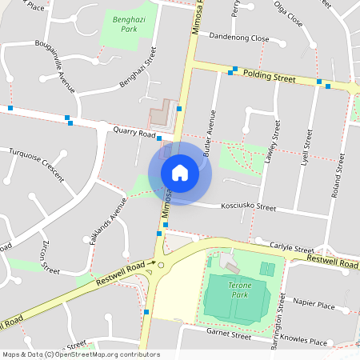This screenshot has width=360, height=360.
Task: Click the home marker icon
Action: point(180,172)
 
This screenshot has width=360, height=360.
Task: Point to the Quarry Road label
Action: point(134,133)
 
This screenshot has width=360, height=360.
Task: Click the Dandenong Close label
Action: point(238,37)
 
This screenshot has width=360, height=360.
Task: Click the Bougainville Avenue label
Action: point(59,68)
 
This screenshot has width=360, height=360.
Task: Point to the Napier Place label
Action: point(314,305)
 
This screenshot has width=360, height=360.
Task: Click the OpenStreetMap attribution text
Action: point(81,354)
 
